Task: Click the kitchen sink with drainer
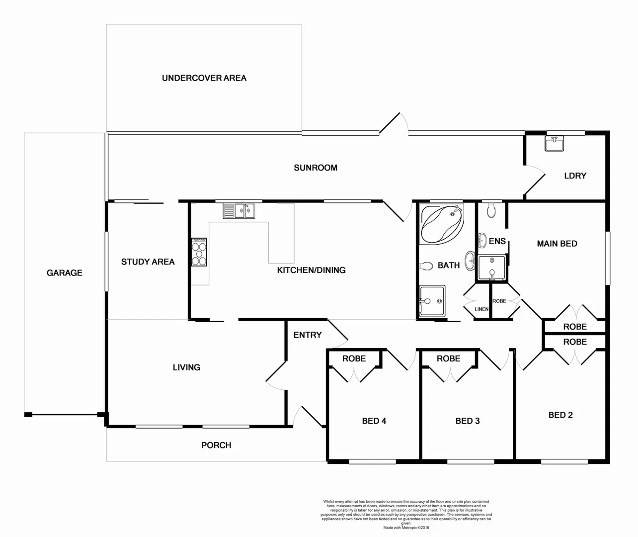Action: point(239,211)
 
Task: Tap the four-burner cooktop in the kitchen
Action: point(199,253)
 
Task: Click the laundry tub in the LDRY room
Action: point(555,144)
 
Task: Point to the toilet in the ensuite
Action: point(491,210)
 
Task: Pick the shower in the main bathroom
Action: point(431,301)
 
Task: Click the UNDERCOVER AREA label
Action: point(204,78)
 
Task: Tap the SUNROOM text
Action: point(315,168)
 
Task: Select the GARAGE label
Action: point(64,273)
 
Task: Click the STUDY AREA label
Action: point(148,262)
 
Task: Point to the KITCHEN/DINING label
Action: point(311,270)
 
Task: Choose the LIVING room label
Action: point(186,367)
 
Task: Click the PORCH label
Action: point(216,446)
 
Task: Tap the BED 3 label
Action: point(467,421)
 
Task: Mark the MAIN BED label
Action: point(557,244)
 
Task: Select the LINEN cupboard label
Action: point(481,309)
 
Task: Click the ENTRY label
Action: point(307,335)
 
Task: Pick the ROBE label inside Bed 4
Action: point(354,358)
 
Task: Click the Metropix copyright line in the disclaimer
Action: point(406,528)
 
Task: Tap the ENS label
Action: point(497,242)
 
